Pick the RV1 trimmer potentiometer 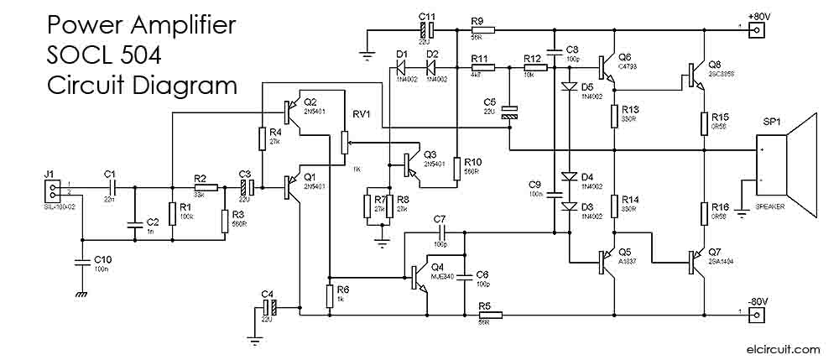click(x=343, y=144)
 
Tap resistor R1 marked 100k click(x=171, y=211)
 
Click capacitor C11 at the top click(x=425, y=29)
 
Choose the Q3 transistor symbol click(x=411, y=164)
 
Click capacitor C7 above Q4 click(x=440, y=232)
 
